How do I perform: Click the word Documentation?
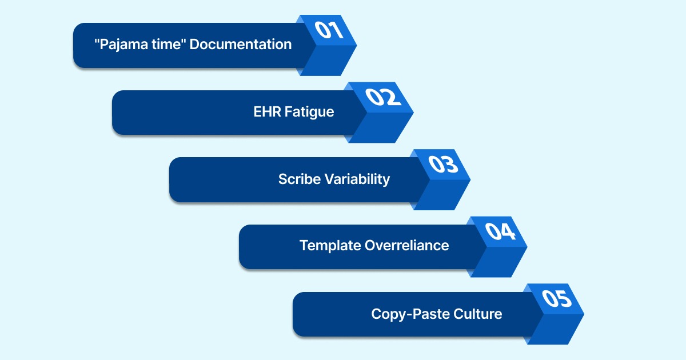(x=241, y=44)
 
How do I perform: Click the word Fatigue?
(x=310, y=111)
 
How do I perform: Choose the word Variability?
(x=357, y=179)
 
